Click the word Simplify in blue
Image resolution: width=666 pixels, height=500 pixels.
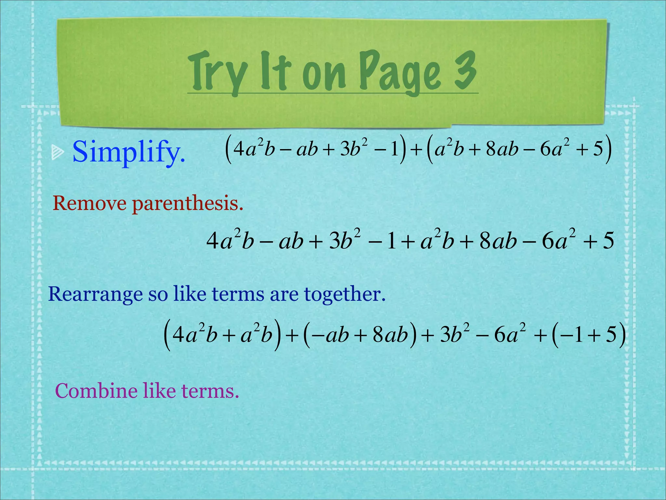tap(129, 152)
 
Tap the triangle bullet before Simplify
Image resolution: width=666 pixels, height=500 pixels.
tap(58, 153)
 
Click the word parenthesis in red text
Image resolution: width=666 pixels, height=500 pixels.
tap(188, 204)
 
